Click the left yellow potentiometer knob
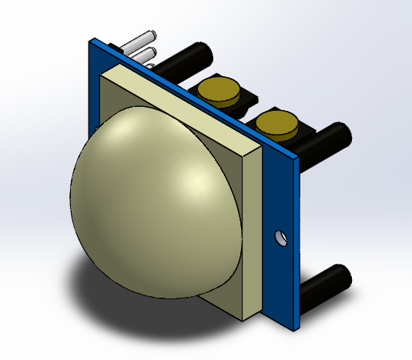(x=218, y=90)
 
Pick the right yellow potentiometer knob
(x=276, y=122)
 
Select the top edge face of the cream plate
(x=185, y=104)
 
